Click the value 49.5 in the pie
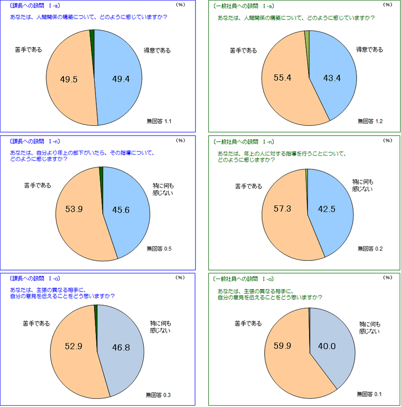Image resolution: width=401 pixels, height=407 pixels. point(69,80)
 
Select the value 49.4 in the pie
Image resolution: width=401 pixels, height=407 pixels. point(120,80)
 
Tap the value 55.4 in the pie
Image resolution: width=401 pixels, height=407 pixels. point(283,78)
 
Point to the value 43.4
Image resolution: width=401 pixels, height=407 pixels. point(332,78)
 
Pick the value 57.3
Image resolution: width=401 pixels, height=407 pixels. point(282,209)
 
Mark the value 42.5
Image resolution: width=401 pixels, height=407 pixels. point(327,209)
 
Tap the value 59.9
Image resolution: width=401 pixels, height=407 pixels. point(282,346)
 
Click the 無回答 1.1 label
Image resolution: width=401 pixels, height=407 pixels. point(159,121)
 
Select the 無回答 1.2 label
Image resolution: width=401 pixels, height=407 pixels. point(370,121)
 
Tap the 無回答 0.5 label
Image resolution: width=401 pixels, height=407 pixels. point(159,249)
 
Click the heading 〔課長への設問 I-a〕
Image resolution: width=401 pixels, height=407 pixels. point(35,6)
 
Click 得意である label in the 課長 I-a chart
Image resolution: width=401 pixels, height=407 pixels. point(157,51)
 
